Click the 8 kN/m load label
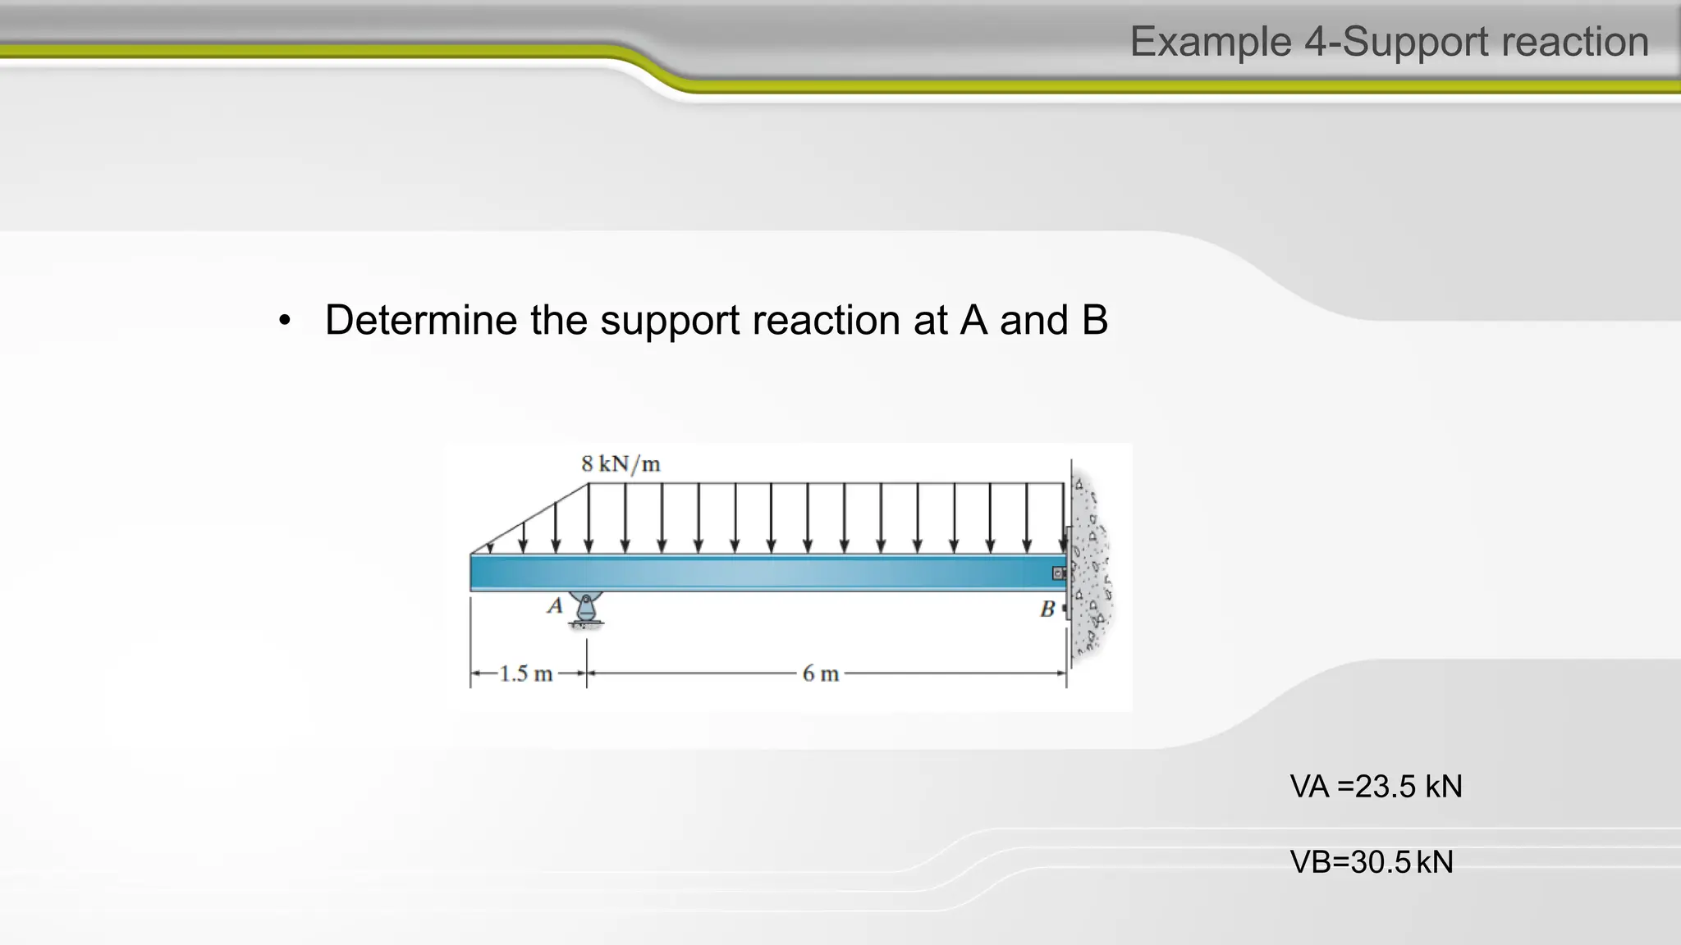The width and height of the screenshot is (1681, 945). click(x=621, y=464)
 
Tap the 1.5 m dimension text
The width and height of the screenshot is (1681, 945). click(x=526, y=674)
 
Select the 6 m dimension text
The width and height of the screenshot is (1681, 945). click(x=820, y=674)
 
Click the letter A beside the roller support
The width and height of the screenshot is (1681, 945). click(x=555, y=606)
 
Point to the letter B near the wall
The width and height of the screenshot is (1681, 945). click(x=1047, y=609)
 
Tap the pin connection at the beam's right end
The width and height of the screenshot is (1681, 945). click(x=1060, y=573)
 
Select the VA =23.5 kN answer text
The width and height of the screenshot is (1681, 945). click(x=1376, y=787)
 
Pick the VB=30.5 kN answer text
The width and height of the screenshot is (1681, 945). click(x=1372, y=862)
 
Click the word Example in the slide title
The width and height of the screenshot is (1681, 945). click(x=1211, y=42)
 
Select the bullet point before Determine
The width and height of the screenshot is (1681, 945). click(x=285, y=321)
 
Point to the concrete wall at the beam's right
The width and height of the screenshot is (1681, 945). click(x=1092, y=566)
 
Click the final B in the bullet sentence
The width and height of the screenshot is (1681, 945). click(x=1094, y=320)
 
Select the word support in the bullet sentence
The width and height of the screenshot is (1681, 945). click(x=670, y=320)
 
